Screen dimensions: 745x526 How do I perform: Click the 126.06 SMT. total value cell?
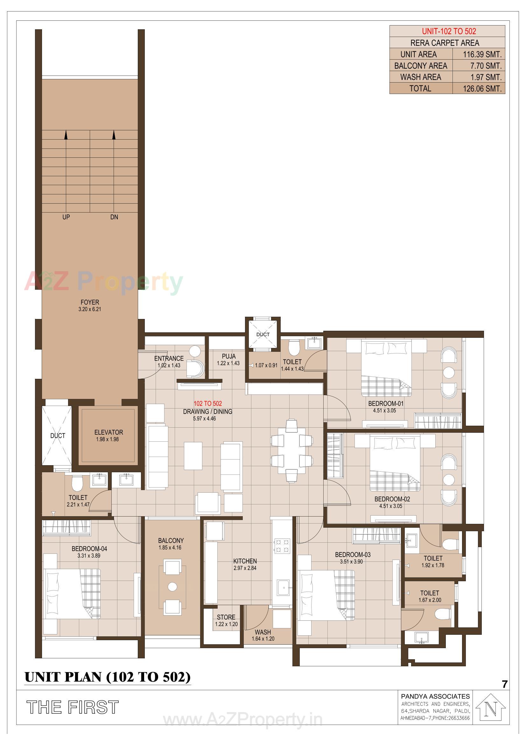pos(481,89)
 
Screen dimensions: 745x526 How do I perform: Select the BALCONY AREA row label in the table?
pos(420,66)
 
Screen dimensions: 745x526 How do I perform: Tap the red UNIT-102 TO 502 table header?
pos(449,31)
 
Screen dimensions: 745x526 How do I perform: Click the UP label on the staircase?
pos(66,217)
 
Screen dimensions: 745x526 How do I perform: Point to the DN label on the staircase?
pos(114,217)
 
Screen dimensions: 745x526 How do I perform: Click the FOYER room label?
pos(90,302)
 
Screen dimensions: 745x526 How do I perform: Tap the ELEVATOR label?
pos(109,432)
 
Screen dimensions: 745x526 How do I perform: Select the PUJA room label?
pos(228,356)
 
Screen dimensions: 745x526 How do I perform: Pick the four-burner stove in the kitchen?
pos(282,546)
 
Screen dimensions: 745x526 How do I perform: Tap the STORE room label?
pos(226,617)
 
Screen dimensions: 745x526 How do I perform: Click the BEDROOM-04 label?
pos(89,548)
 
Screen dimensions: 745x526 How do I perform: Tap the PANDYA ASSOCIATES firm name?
pos(435,696)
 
